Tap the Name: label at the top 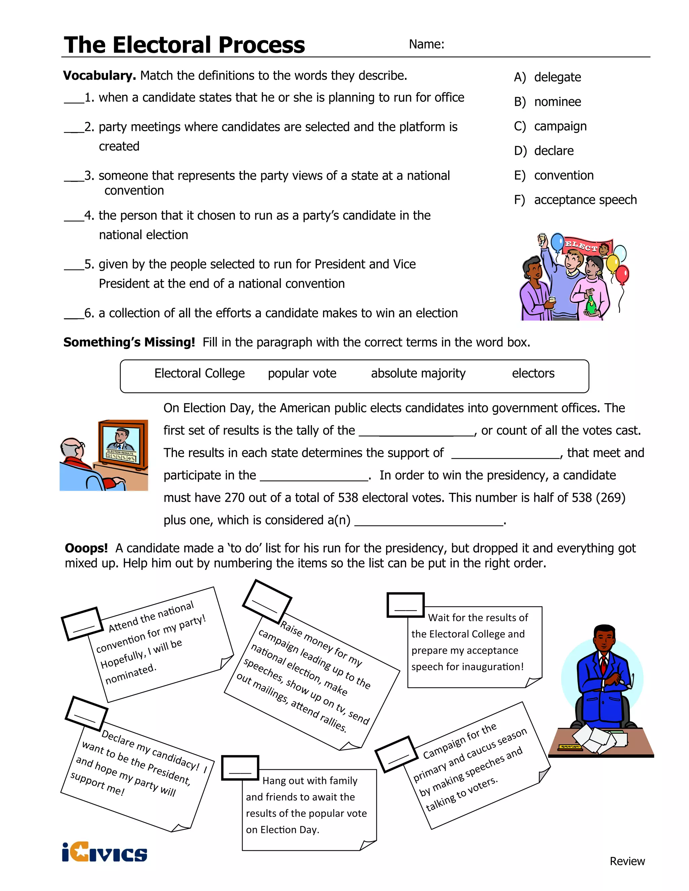[x=426, y=44]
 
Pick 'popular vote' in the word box [x=302, y=373]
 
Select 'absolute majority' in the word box [x=418, y=373]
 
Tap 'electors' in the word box [x=533, y=373]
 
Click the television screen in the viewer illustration [x=121, y=444]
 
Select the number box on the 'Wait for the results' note [x=405, y=605]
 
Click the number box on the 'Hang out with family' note [x=240, y=767]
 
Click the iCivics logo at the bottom [x=105, y=853]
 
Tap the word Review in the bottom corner [x=627, y=861]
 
